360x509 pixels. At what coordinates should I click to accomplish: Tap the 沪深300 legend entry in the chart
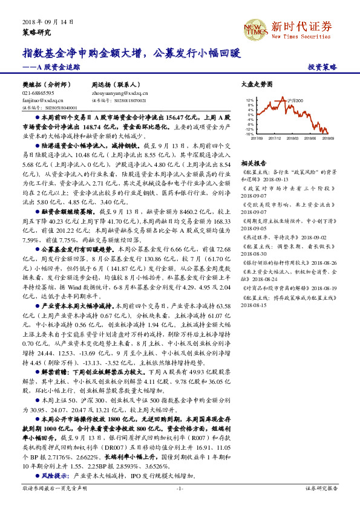click(x=295, y=101)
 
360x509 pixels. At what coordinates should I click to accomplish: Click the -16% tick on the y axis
click(x=249, y=134)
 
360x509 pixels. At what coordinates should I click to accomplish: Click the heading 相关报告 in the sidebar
click(x=250, y=163)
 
